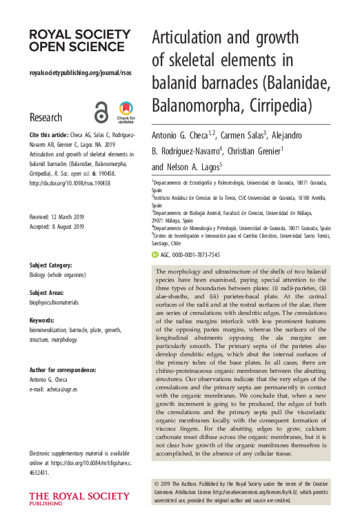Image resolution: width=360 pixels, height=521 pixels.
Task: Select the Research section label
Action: click(x=46, y=117)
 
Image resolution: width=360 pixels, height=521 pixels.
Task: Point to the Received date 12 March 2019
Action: click(x=57, y=217)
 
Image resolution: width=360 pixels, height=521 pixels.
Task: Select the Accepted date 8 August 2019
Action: click(x=57, y=227)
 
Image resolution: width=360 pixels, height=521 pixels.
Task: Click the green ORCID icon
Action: click(x=154, y=255)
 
